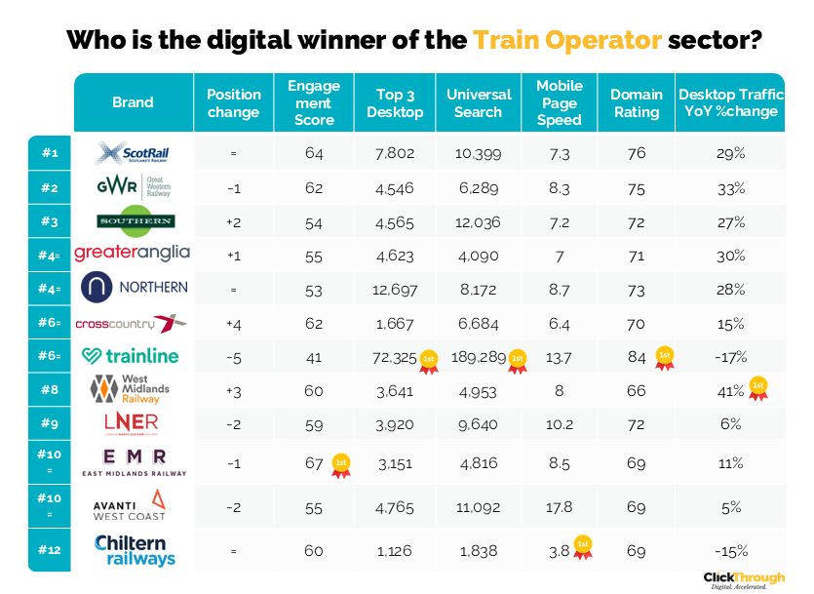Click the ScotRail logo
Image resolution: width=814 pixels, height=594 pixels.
[133, 153]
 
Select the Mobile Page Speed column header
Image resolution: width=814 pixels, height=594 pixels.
[560, 102]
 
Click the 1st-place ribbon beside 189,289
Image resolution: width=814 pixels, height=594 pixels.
[516, 360]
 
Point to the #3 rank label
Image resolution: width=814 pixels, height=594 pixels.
[50, 221]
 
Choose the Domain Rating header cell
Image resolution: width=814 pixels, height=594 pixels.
[637, 102]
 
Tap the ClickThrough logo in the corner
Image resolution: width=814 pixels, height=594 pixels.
[745, 579]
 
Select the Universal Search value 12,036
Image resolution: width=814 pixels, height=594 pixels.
[478, 222]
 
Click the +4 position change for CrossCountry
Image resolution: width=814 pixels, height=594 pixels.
[233, 324]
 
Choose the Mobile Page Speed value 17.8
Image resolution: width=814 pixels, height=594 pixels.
[559, 506]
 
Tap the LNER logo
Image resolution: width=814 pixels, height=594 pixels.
[131, 422]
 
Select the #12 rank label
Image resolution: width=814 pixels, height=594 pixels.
[50, 550]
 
